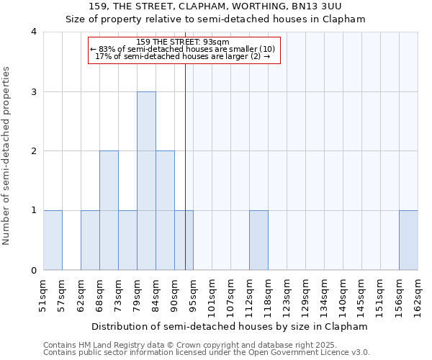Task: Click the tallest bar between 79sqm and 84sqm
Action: [146, 181]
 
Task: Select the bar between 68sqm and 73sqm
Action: [109, 210]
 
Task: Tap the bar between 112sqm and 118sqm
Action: [258, 240]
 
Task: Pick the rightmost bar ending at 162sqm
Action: [408, 240]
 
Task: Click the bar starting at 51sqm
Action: [53, 240]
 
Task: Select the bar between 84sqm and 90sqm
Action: [165, 210]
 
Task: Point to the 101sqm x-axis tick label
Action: [212, 296]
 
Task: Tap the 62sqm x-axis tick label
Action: [81, 294]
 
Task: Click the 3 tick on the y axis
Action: [34, 91]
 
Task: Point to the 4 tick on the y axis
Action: [34, 32]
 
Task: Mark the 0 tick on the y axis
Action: [34, 270]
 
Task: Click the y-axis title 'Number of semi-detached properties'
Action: [7, 156]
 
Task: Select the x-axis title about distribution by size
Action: [230, 326]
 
